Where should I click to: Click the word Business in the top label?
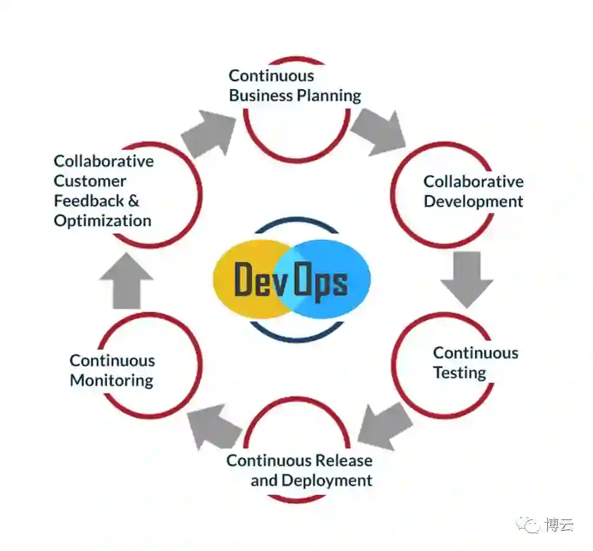point(260,96)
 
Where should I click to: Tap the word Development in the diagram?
point(473,202)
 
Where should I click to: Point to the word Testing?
point(459,373)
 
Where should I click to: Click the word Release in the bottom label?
point(343,461)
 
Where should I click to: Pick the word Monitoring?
point(111,381)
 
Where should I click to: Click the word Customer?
point(90,182)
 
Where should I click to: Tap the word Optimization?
point(103,221)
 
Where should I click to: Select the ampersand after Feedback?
point(133,201)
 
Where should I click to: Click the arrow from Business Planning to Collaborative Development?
point(377,129)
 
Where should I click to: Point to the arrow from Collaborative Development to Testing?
point(466,279)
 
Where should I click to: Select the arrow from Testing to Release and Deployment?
point(385,426)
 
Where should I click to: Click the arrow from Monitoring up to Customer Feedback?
point(126,280)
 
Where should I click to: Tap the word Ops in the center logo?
point(320,282)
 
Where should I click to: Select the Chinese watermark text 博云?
point(559,525)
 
